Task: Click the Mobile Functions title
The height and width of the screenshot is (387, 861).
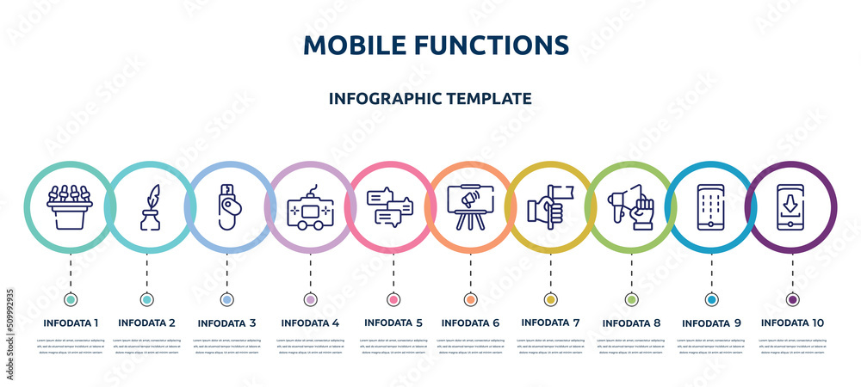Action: tap(436, 45)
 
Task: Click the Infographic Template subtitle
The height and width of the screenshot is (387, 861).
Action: tap(430, 98)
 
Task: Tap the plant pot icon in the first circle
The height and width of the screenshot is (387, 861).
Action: tap(70, 206)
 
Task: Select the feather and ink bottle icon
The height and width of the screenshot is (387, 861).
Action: tap(151, 207)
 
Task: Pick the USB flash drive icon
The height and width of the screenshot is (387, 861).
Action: tap(228, 207)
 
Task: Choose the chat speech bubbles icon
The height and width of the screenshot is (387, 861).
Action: tap(390, 207)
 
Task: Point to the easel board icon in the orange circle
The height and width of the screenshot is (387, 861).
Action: tap(470, 207)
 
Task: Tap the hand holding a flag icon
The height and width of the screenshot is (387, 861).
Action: tap(550, 207)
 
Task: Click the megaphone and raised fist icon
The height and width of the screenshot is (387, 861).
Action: tap(631, 207)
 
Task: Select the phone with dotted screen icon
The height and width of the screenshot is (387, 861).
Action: tap(711, 207)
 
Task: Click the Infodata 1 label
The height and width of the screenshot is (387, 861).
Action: tap(71, 322)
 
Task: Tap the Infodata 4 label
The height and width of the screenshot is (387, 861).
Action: tap(310, 322)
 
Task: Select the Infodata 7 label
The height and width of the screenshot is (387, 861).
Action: tap(550, 322)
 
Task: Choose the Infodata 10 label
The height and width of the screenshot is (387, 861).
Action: tap(792, 322)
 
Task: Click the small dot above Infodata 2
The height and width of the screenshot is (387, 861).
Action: tap(147, 299)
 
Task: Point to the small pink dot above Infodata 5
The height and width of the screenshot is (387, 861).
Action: tap(393, 299)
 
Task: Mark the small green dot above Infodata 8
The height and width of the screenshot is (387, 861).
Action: tap(631, 299)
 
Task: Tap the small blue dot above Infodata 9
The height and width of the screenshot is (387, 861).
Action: tap(711, 299)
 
